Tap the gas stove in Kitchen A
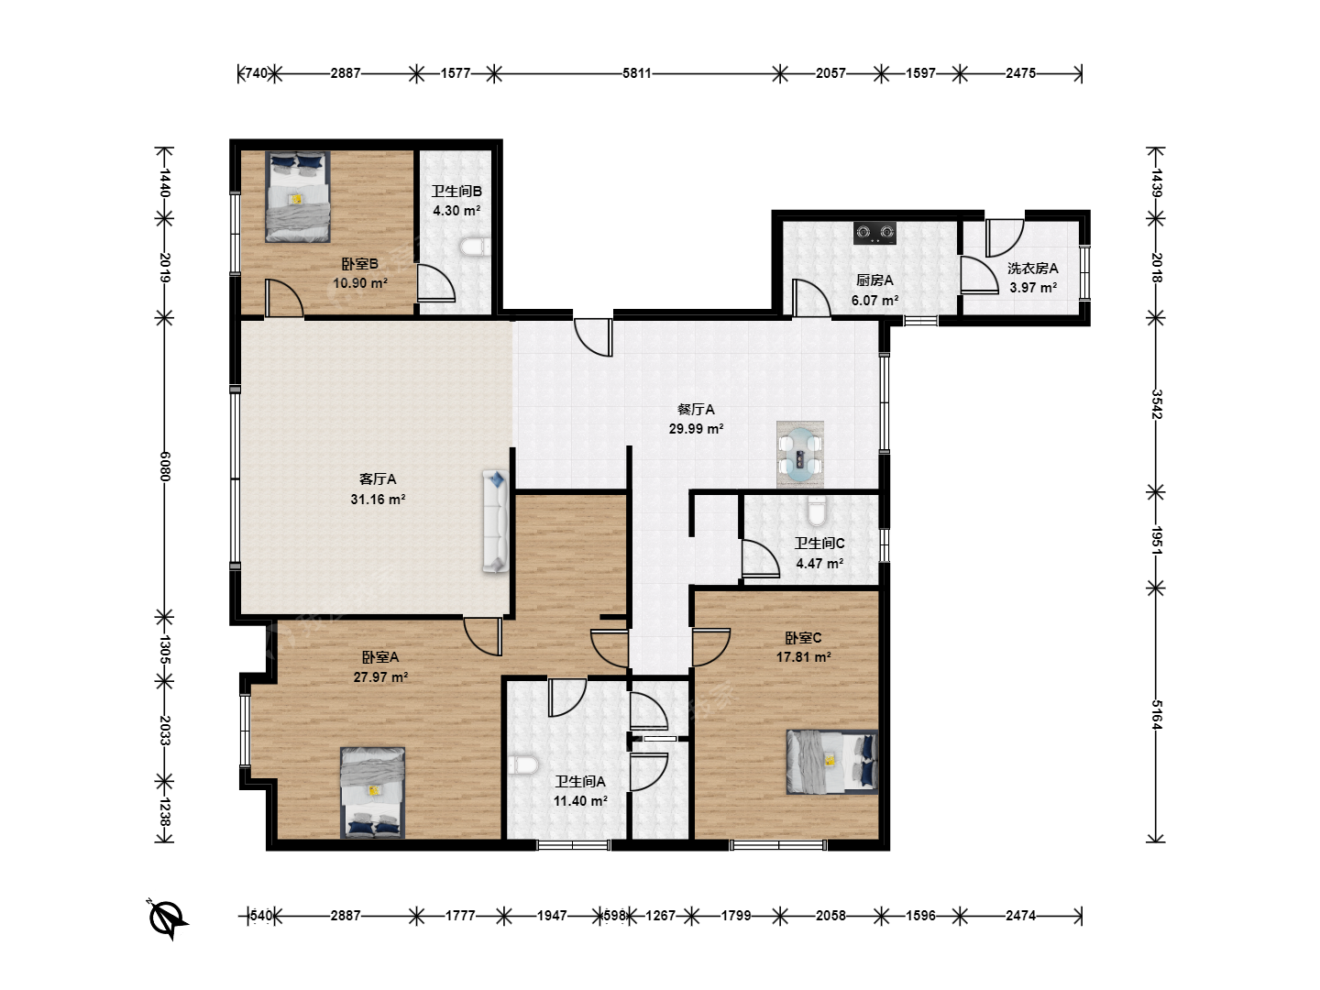pyautogui.click(x=874, y=233)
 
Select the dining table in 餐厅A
pyautogui.click(x=800, y=455)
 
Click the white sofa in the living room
pyautogui.click(x=496, y=522)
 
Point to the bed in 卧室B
pyautogui.click(x=298, y=196)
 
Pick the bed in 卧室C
pyautogui.click(x=832, y=762)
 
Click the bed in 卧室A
pyautogui.click(x=372, y=792)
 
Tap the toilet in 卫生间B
pyautogui.click(x=475, y=247)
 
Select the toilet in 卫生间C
pyautogui.click(x=816, y=511)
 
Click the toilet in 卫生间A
pyautogui.click(x=522, y=765)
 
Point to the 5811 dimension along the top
pyautogui.click(x=637, y=73)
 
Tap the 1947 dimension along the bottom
pyautogui.click(x=552, y=916)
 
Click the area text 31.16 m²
pyautogui.click(x=378, y=499)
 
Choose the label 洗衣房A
pyautogui.click(x=1032, y=268)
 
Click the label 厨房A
pyautogui.click(x=874, y=280)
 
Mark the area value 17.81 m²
pyautogui.click(x=803, y=657)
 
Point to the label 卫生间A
pyautogui.click(x=579, y=781)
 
